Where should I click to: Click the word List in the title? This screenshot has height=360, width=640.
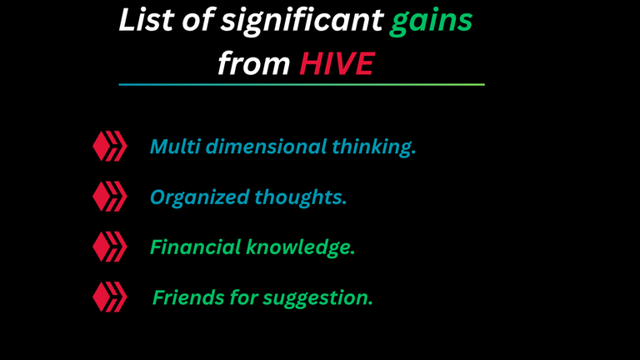(x=147, y=20)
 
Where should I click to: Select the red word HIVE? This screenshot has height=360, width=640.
(x=337, y=63)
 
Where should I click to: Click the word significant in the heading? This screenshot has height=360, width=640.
(x=302, y=21)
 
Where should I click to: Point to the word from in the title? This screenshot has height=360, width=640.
(x=254, y=63)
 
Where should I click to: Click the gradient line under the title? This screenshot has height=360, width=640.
(x=302, y=84)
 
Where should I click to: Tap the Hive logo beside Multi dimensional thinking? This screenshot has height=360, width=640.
(x=110, y=146)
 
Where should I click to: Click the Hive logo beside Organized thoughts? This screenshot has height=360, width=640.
(x=110, y=197)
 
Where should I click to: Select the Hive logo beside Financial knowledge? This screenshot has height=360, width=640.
(x=110, y=247)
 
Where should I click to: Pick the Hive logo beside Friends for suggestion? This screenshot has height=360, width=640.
(x=110, y=297)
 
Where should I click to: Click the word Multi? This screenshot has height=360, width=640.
(x=175, y=146)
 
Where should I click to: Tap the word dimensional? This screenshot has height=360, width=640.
(x=266, y=146)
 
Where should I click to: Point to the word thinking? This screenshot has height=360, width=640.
(x=373, y=147)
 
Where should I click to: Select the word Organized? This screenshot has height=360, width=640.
(x=200, y=198)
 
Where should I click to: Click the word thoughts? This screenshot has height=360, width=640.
(x=300, y=198)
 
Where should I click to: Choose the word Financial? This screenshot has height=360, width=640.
(x=195, y=247)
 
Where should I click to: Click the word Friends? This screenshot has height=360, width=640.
(x=188, y=297)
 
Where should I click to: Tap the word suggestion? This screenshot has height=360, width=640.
(x=317, y=299)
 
